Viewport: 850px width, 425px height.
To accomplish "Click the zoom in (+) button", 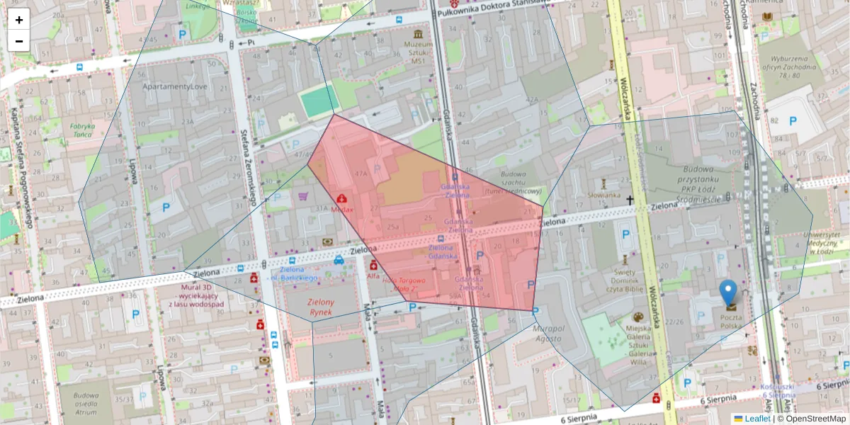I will (x=19, y=20).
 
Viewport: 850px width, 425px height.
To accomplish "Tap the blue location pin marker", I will (x=728, y=292).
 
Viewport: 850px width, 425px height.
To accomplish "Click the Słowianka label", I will (x=605, y=195).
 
